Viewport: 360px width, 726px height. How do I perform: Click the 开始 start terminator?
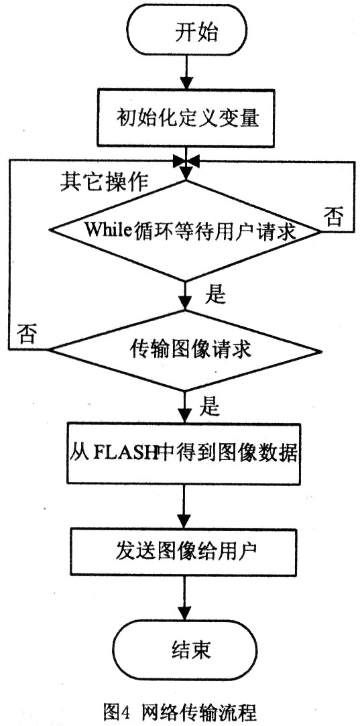coord(185,34)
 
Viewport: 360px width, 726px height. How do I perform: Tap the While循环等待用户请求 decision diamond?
coord(185,230)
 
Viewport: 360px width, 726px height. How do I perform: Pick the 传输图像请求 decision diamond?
coord(185,351)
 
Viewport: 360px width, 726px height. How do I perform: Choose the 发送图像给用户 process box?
coord(185,553)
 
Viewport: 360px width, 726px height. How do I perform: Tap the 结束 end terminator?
coord(185,650)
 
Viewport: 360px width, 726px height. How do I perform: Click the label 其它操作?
coord(104,182)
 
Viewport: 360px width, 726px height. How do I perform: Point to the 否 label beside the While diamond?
coord(333,217)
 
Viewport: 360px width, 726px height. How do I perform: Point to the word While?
coord(104,230)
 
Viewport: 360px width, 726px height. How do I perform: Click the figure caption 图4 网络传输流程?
coord(180,711)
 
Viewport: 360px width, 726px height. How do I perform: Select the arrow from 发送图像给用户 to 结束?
coord(185,602)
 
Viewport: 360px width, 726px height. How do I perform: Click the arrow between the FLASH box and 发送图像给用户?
coord(185,505)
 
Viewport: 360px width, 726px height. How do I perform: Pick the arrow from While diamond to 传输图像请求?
coord(185,296)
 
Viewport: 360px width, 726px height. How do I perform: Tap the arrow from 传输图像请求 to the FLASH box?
coord(185,407)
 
